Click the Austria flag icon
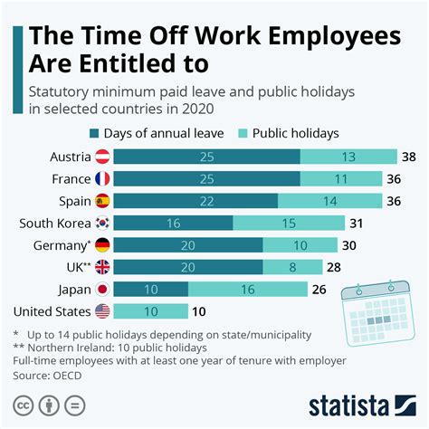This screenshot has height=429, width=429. pyautogui.click(x=102, y=157)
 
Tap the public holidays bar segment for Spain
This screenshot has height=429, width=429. pyautogui.click(x=338, y=201)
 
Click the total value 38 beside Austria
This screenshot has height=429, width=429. pyautogui.click(x=410, y=157)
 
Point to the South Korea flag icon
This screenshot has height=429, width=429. pyautogui.click(x=102, y=223)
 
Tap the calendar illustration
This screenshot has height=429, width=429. pyautogui.click(x=376, y=310)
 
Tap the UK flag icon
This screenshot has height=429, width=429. pyautogui.click(x=102, y=267)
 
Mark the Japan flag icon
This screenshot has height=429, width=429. pyautogui.click(x=102, y=289)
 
